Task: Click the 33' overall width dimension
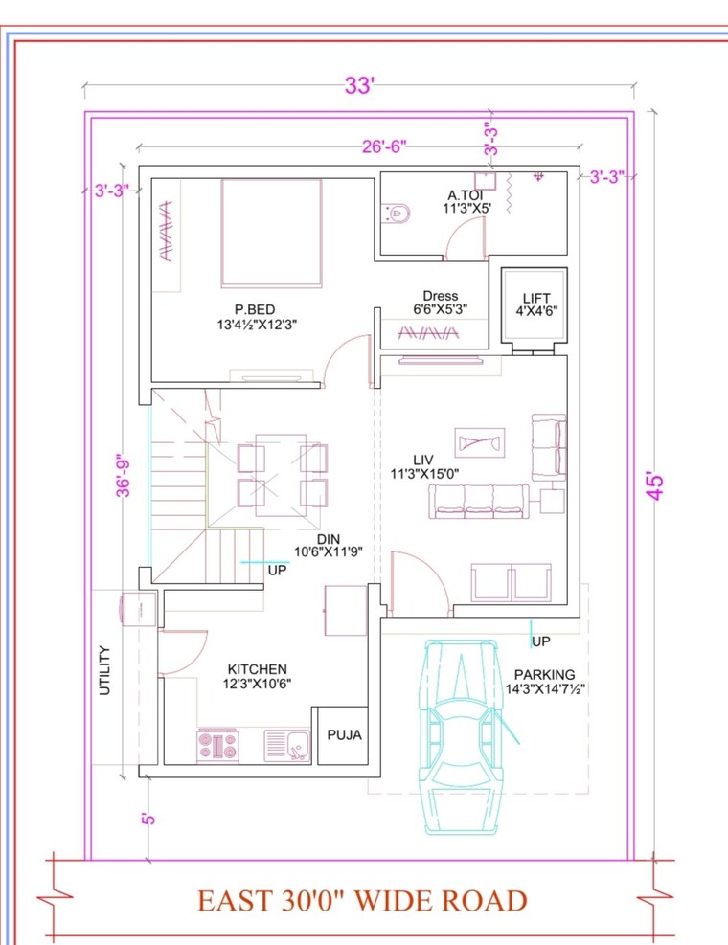click(x=358, y=85)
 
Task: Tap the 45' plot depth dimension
click(x=655, y=484)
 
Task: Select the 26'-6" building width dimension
click(x=384, y=146)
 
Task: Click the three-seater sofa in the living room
click(x=479, y=501)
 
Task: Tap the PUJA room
click(x=344, y=735)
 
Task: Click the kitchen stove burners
click(x=217, y=745)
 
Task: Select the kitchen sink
click(x=286, y=743)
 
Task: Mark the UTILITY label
click(x=105, y=670)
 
